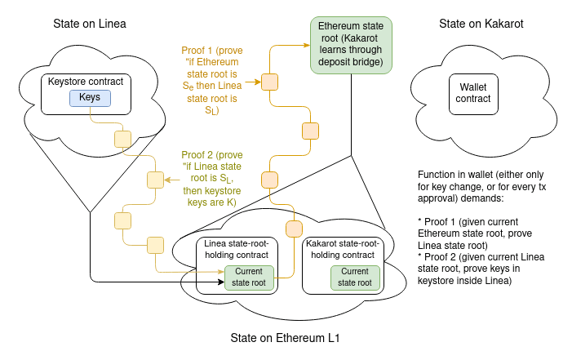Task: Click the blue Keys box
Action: click(x=90, y=98)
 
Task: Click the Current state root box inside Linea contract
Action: click(x=249, y=278)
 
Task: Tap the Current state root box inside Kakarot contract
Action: click(x=355, y=278)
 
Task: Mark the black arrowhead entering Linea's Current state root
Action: click(x=220, y=283)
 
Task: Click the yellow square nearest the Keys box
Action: click(x=122, y=138)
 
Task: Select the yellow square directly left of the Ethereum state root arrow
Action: click(x=269, y=82)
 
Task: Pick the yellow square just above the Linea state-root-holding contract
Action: click(x=294, y=228)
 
